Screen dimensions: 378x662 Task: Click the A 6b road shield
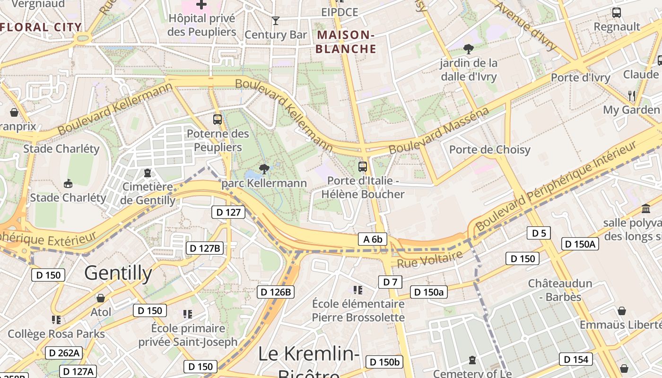(372, 239)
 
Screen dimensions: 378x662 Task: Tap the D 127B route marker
(205, 248)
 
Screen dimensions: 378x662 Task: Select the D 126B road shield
(276, 292)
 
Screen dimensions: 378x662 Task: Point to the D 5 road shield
(539, 233)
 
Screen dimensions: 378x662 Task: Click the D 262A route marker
(64, 352)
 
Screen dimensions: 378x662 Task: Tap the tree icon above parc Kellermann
(264, 169)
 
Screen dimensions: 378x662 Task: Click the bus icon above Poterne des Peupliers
(218, 120)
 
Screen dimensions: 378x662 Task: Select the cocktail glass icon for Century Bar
(276, 20)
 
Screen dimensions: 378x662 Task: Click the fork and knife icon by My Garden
(632, 95)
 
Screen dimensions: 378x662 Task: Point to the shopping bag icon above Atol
(100, 298)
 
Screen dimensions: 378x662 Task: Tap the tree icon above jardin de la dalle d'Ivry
(469, 48)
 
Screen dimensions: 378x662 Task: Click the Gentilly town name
(118, 273)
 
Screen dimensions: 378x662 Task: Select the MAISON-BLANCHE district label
(346, 42)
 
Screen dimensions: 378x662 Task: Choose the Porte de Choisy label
(489, 150)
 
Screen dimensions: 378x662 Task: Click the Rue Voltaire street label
(429, 259)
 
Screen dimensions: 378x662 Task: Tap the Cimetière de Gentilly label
(148, 193)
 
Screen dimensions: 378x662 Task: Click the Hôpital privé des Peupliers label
(202, 25)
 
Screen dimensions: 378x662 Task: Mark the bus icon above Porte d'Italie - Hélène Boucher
(363, 166)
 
